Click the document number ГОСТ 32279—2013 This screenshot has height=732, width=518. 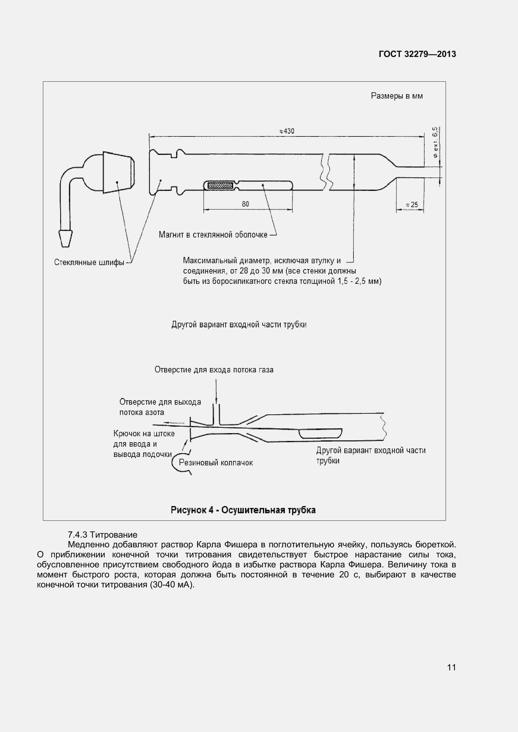click(417, 54)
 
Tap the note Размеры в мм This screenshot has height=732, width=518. click(397, 96)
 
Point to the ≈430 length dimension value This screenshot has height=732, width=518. click(287, 131)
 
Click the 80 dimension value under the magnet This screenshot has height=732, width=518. click(245, 204)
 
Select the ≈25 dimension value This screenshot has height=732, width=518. click(412, 205)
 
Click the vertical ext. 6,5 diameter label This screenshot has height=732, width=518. click(435, 142)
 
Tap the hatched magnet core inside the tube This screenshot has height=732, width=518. click(220, 185)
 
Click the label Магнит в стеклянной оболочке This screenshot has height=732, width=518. click(213, 235)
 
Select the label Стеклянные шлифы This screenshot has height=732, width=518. click(89, 262)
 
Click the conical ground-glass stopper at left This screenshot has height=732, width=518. click(118, 172)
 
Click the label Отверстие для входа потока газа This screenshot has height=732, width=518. click(214, 370)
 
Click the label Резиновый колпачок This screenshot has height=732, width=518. click(216, 463)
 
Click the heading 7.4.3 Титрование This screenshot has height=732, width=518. click(102, 535)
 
